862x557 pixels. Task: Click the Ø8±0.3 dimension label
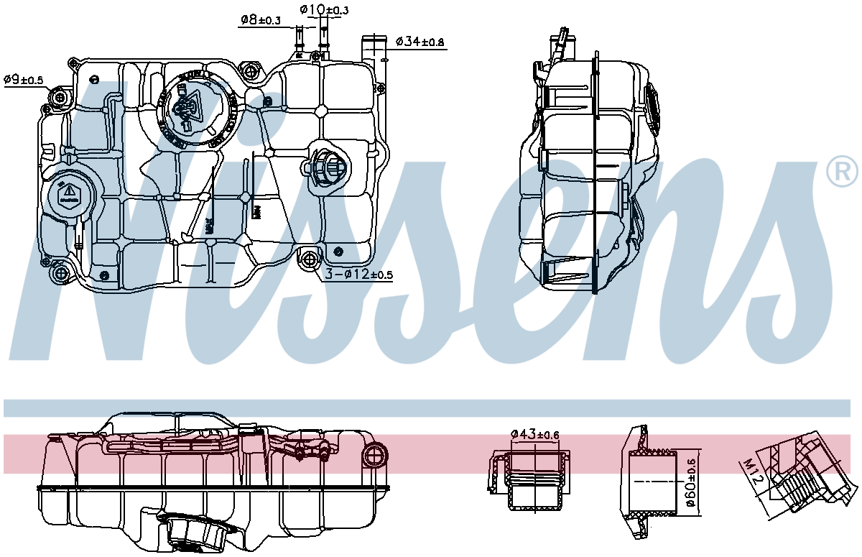coord(259,21)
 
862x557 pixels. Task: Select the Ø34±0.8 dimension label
coord(420,42)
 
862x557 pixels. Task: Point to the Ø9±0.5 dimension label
coord(23,80)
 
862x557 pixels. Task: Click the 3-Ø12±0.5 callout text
coord(359,275)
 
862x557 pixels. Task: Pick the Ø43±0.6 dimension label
coord(535,434)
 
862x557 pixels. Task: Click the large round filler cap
coord(193,109)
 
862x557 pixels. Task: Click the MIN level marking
coord(254,212)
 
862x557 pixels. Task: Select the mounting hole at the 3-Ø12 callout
coord(310,259)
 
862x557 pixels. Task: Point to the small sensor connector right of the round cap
coord(327,169)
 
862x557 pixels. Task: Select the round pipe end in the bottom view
coord(376,454)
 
